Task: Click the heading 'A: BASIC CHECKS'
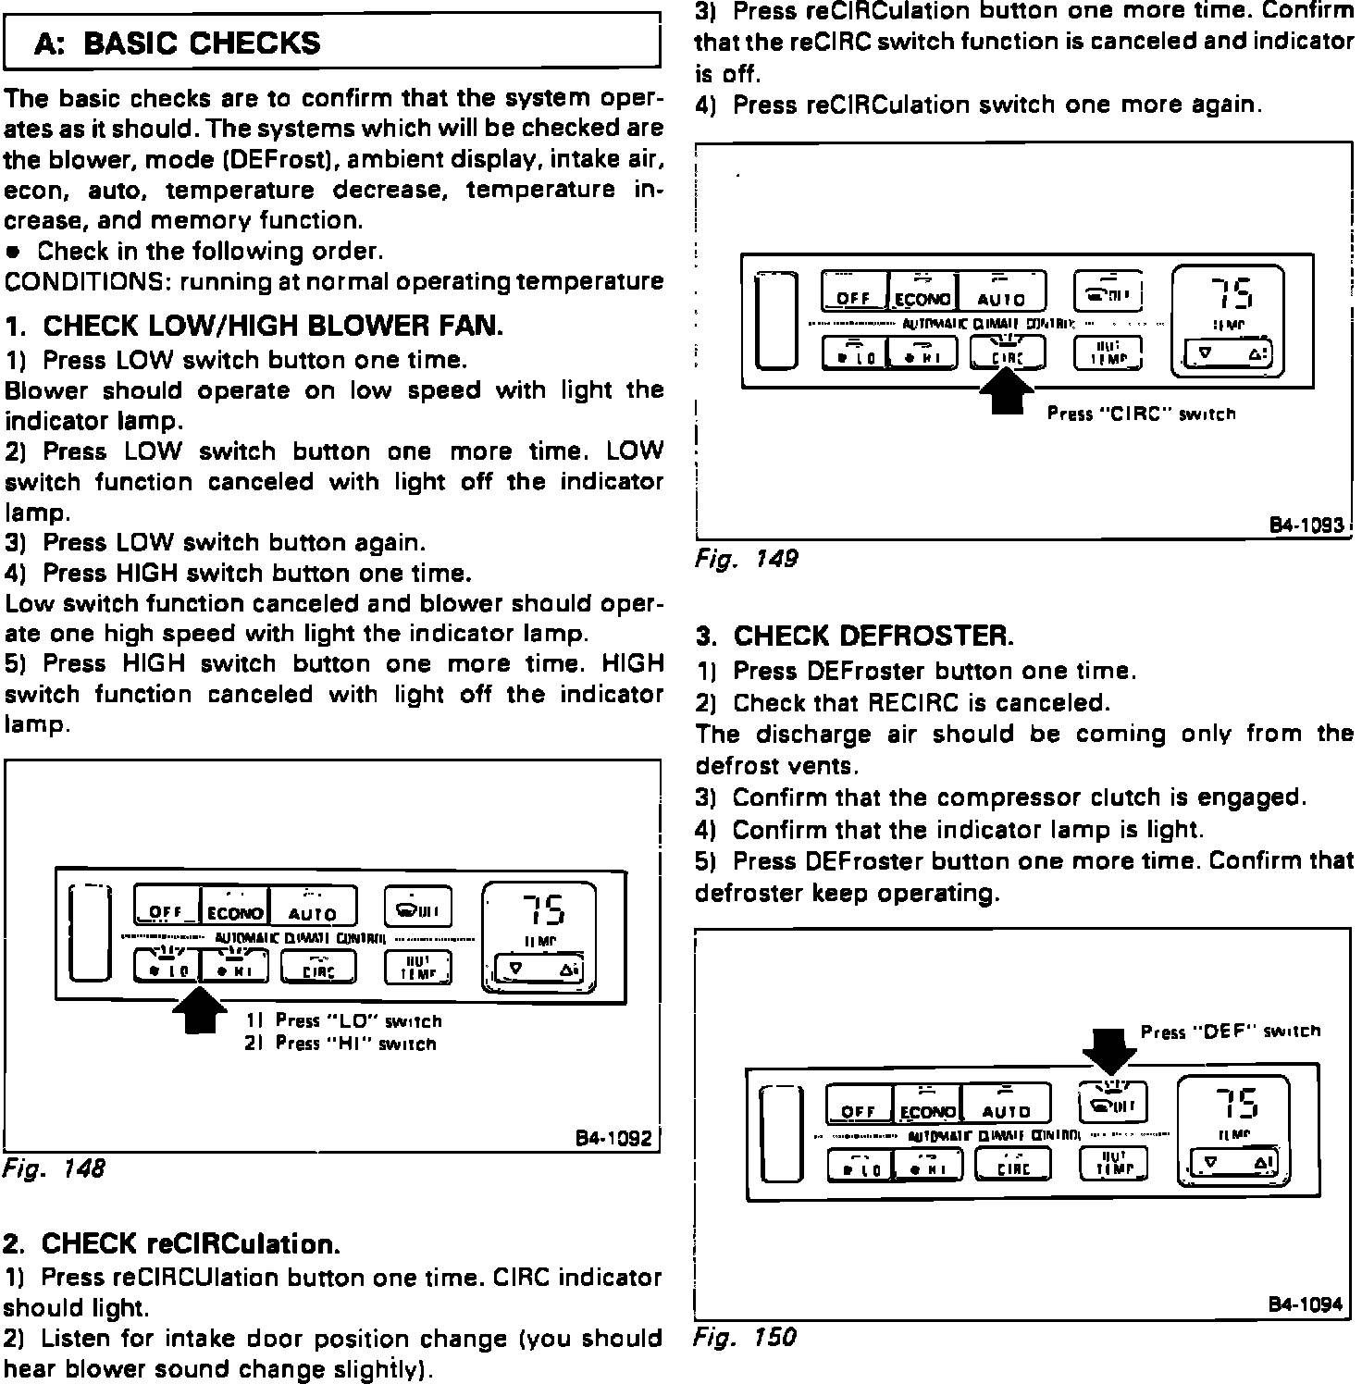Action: pos(178,43)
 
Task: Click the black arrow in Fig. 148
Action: pos(199,1009)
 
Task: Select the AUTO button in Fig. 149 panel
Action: pos(1002,292)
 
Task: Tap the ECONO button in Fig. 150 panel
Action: pos(928,1105)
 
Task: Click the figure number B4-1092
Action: pos(613,1137)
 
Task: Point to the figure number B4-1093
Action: pos(1305,525)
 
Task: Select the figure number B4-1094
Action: pos(1305,1304)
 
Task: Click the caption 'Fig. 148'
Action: pos(55,1168)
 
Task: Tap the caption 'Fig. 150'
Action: pos(744,1337)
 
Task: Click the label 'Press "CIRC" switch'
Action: pos(1141,414)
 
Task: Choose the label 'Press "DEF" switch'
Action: pos(1231,1032)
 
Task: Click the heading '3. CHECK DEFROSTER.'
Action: pos(855,636)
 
